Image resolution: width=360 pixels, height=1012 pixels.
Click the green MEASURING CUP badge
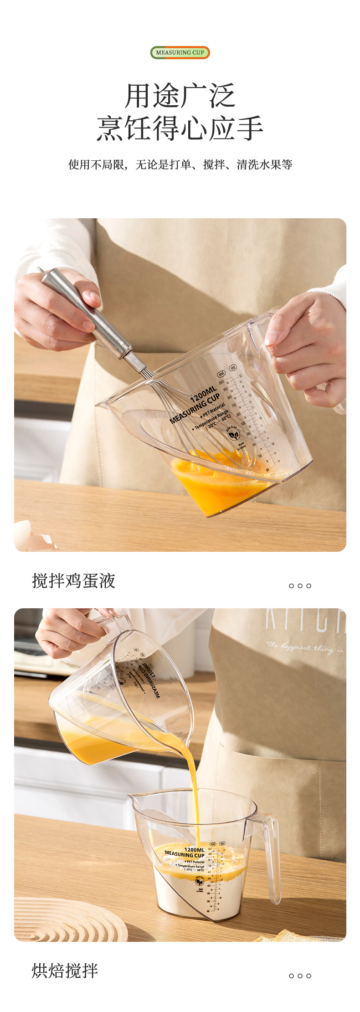180,53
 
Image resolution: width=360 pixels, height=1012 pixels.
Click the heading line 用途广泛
180,96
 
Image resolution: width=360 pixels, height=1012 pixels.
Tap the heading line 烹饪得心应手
180,128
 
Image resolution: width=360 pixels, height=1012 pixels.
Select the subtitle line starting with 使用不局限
180,164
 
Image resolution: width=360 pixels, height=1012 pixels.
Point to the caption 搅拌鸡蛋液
73,581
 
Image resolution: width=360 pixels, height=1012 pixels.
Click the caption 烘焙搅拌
65,971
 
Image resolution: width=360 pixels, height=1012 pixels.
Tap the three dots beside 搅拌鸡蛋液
300,586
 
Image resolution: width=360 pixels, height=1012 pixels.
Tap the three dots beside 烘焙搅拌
300,976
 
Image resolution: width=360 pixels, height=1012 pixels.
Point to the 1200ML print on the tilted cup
204,394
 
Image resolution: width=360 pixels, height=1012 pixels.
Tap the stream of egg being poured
194,784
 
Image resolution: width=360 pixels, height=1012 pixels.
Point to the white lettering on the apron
305,624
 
